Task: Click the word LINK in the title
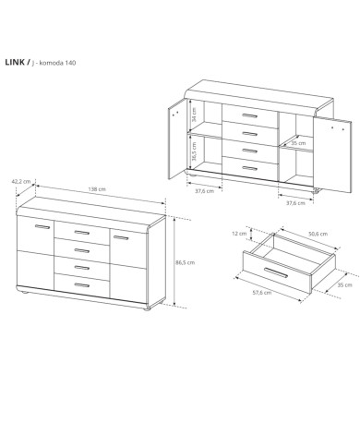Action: [x=15, y=62]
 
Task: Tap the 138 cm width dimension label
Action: [x=97, y=189]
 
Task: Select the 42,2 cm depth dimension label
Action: [x=21, y=182]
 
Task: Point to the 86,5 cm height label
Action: [x=185, y=262]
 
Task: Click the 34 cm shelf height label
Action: [x=194, y=115]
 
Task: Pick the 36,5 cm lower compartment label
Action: [x=194, y=150]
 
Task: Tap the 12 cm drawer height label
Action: [x=239, y=234]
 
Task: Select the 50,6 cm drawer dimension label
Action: [x=318, y=234]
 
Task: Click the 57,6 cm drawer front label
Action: [x=262, y=293]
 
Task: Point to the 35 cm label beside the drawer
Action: [x=344, y=285]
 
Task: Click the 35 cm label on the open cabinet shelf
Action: [x=298, y=143]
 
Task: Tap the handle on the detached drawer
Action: [x=276, y=272]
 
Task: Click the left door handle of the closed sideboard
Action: [x=42, y=227]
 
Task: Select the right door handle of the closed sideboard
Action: [x=121, y=237]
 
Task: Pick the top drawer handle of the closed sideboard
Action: [x=82, y=233]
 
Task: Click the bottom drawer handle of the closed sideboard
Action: [x=82, y=285]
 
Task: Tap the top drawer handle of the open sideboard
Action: [x=249, y=115]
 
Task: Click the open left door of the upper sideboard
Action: [x=177, y=139]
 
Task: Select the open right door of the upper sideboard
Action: [x=332, y=154]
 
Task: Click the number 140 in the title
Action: [x=70, y=63]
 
